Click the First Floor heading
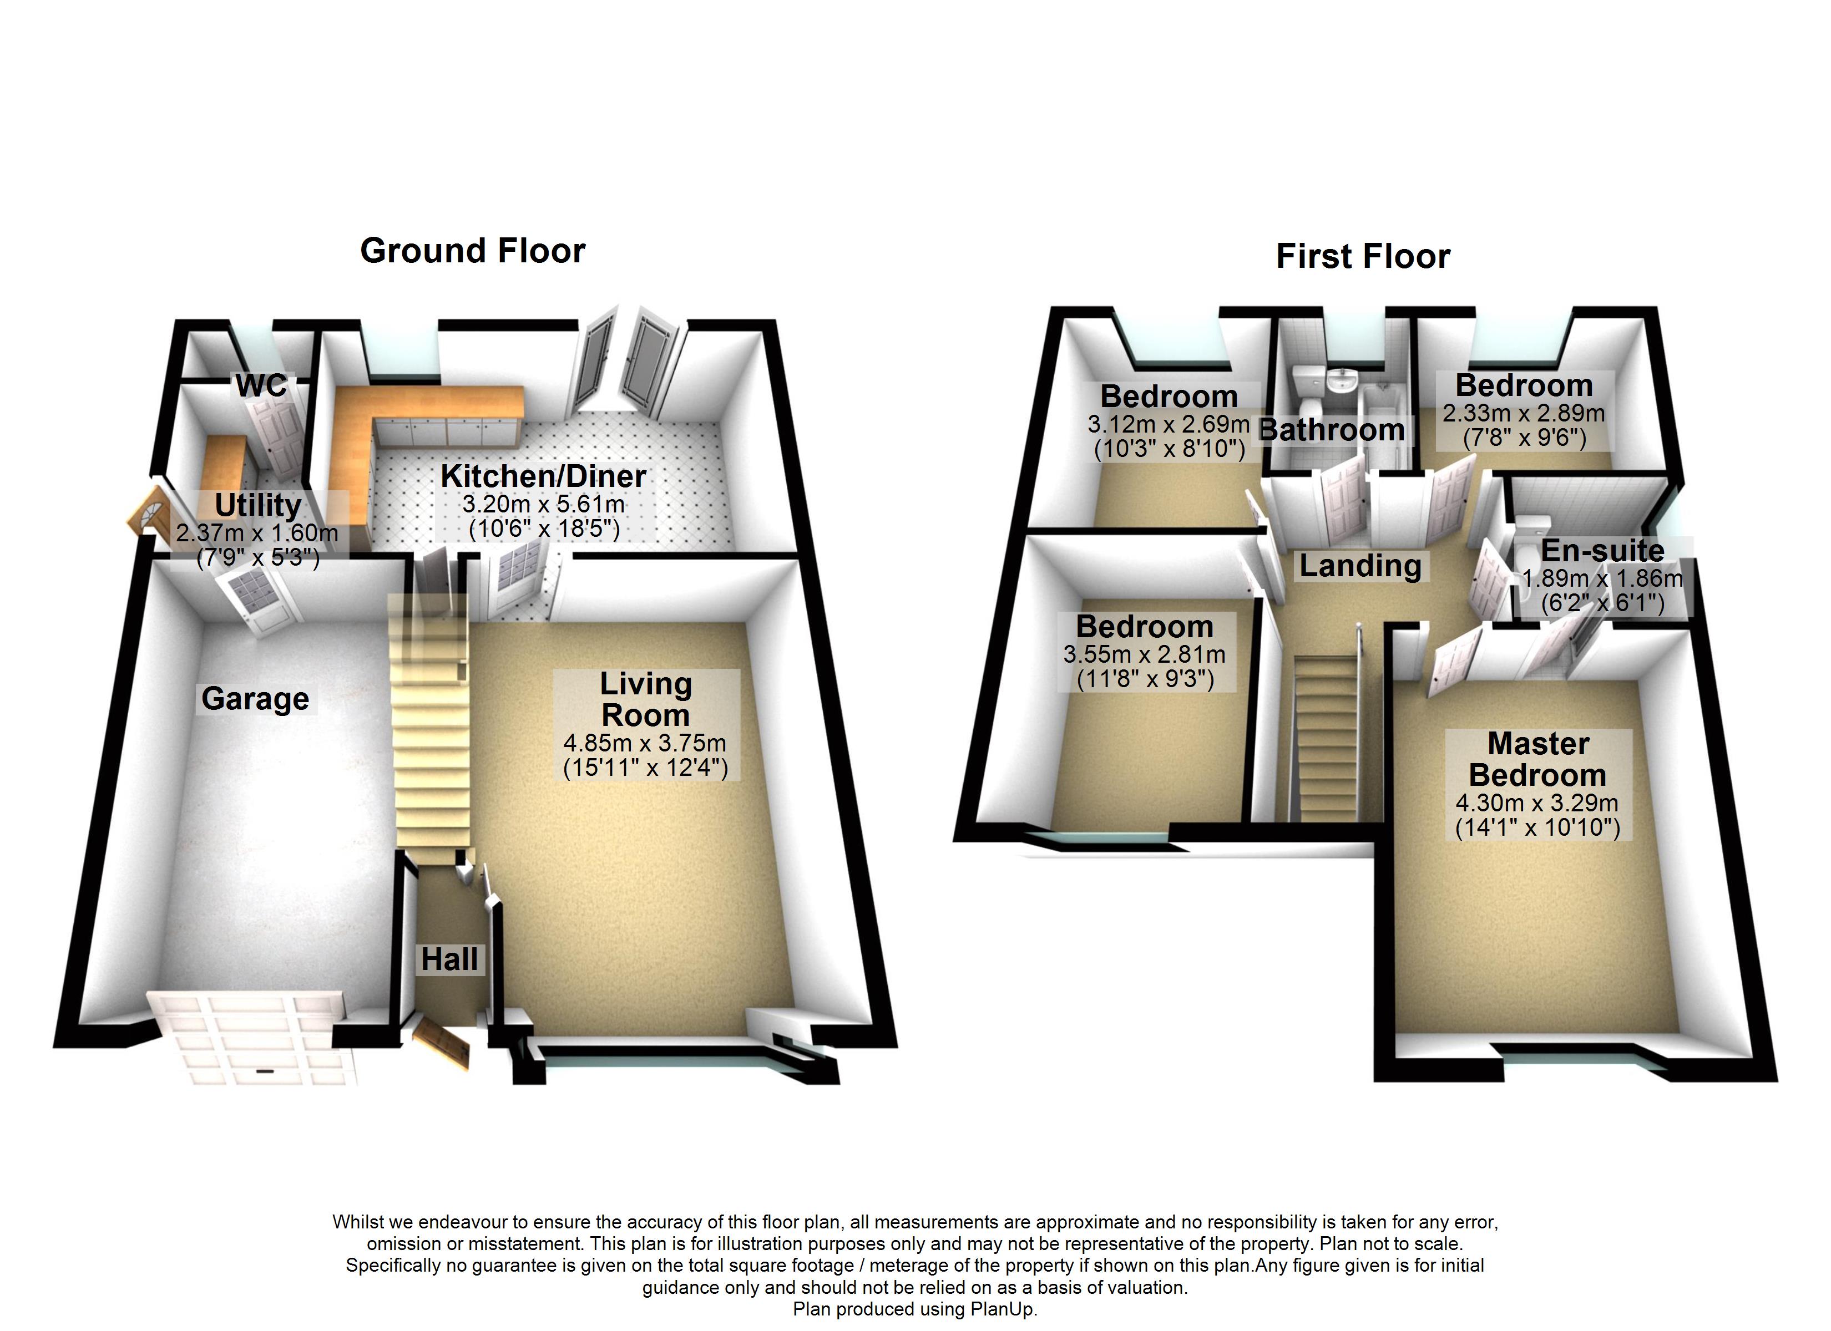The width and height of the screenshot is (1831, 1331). pyautogui.click(x=1363, y=257)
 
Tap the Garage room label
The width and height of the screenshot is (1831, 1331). pyautogui.click(x=255, y=699)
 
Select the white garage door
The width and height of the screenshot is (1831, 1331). pyautogui.click(x=252, y=1037)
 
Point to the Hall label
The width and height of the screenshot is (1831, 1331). pyautogui.click(x=449, y=960)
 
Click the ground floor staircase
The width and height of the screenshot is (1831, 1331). pyautogui.click(x=432, y=727)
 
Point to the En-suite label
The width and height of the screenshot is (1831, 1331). pyautogui.click(x=1602, y=551)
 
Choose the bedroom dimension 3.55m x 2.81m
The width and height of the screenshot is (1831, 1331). pyautogui.click(x=1144, y=654)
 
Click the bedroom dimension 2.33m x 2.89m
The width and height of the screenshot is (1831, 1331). pyautogui.click(x=1524, y=413)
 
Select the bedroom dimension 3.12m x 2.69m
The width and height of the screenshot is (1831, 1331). pyautogui.click(x=1168, y=424)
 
